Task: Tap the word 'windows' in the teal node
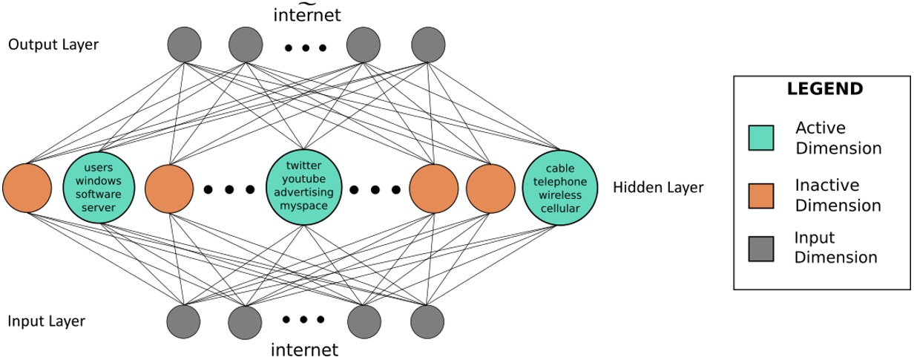pyautogui.click(x=99, y=182)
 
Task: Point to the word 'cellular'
pyautogui.click(x=560, y=206)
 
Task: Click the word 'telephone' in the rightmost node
pyautogui.click(x=560, y=182)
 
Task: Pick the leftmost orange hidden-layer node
pyautogui.click(x=27, y=189)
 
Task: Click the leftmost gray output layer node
pyautogui.click(x=185, y=45)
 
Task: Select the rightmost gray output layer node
pyautogui.click(x=428, y=45)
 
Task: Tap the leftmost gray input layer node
pyautogui.click(x=185, y=321)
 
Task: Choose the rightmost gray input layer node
pyautogui.click(x=428, y=321)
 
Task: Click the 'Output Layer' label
pyautogui.click(x=53, y=45)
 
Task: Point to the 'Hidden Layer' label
pyautogui.click(x=658, y=188)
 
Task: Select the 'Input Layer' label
pyautogui.click(x=46, y=321)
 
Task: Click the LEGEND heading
pyautogui.click(x=824, y=89)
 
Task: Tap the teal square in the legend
pyautogui.click(x=761, y=137)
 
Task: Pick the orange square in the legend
pyautogui.click(x=761, y=194)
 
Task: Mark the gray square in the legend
pyautogui.click(x=761, y=248)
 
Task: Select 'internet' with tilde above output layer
pyautogui.click(x=306, y=14)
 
